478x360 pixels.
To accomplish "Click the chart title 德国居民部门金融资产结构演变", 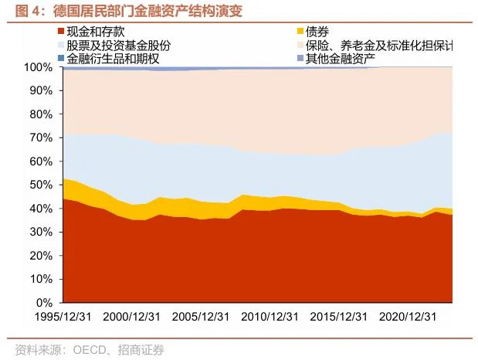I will (131, 11).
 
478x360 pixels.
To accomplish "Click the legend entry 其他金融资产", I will (341, 57).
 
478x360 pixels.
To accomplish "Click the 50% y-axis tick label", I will (40, 185).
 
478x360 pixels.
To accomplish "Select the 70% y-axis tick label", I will (40, 138).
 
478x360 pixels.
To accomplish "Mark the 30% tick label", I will (40, 232).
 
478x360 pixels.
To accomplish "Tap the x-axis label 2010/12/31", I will (270, 317).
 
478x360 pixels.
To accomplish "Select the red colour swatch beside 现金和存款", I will (60, 32).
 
